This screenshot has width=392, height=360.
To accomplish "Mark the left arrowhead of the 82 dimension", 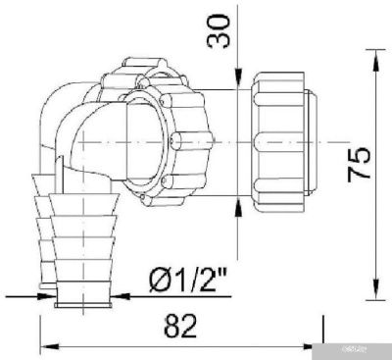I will tap(47, 345).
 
